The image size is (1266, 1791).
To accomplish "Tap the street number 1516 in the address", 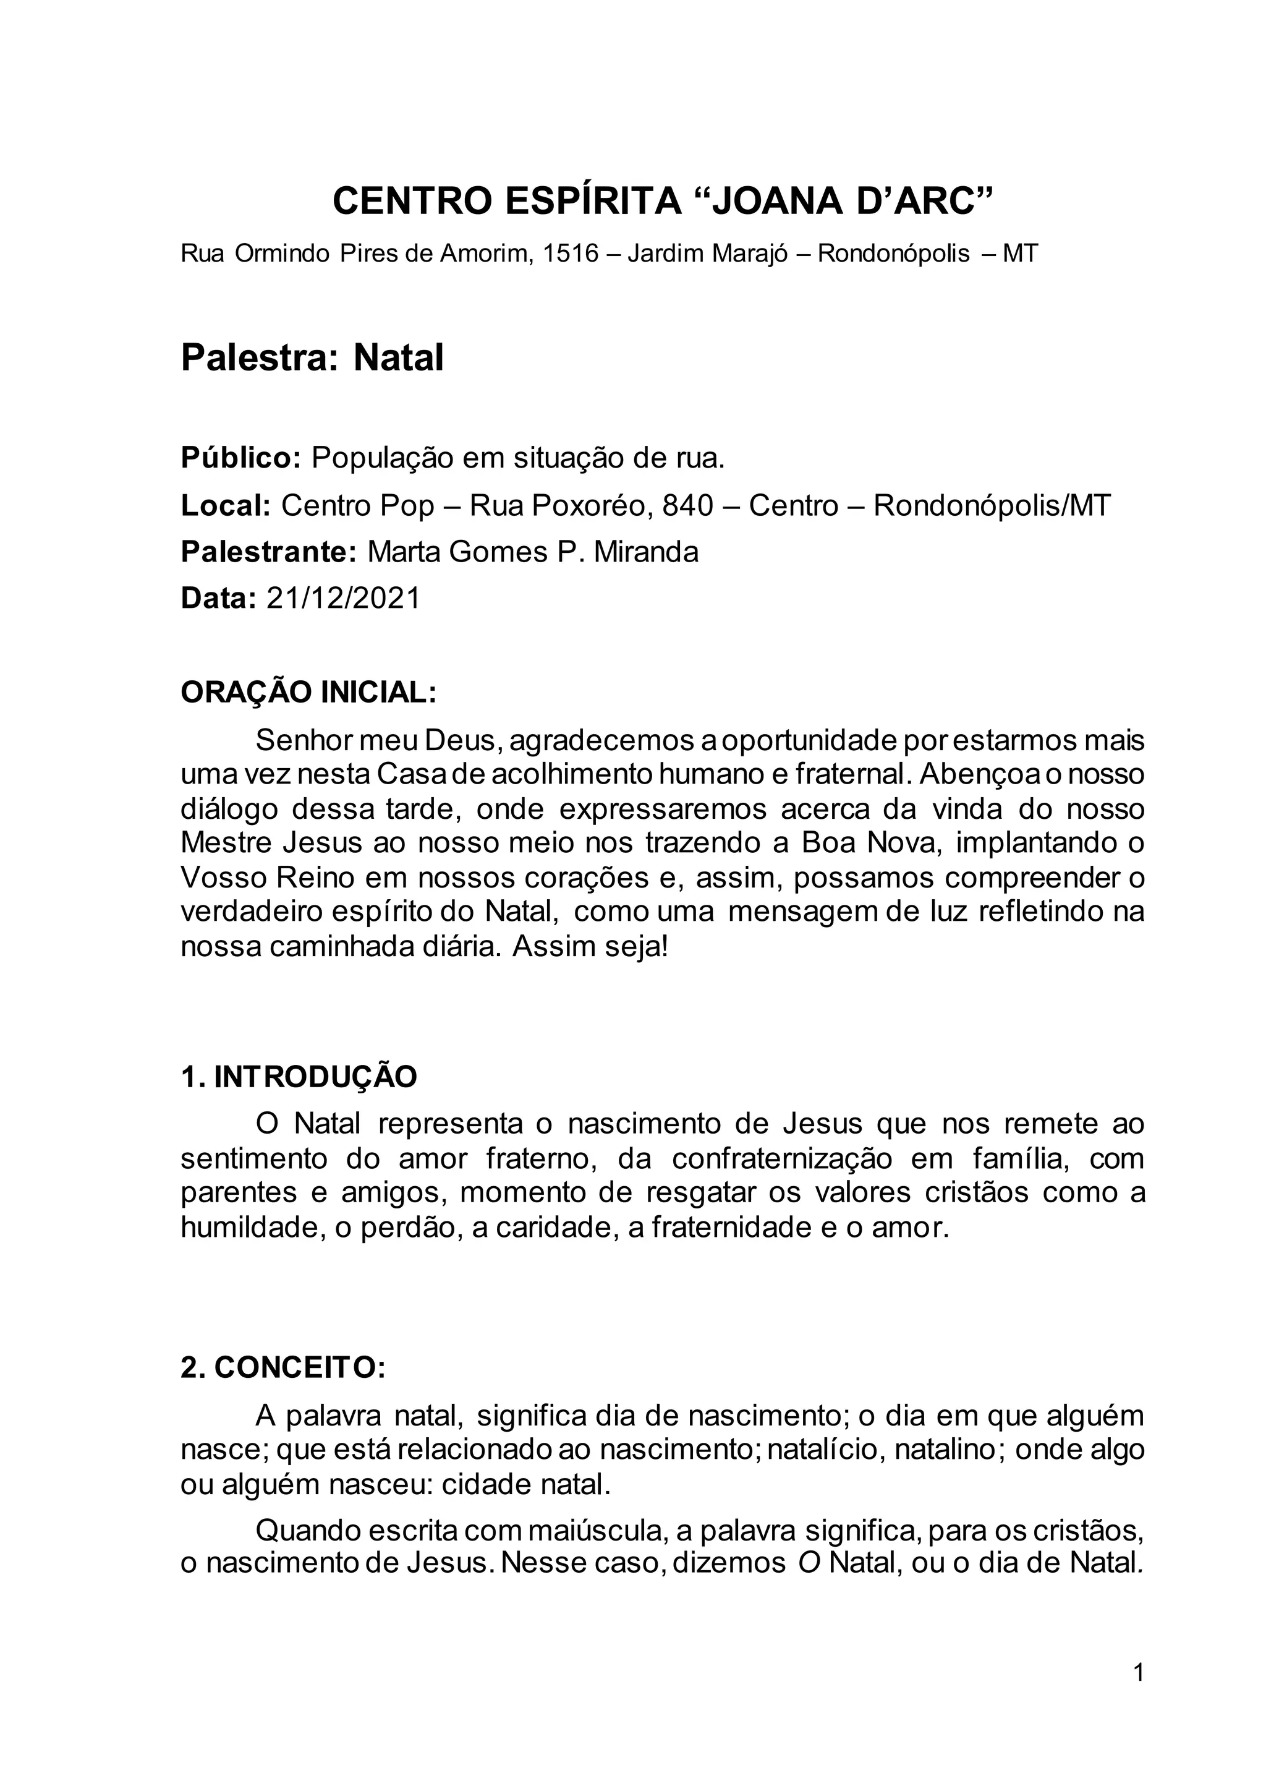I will (571, 254).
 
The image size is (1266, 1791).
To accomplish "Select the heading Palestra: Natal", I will (312, 358).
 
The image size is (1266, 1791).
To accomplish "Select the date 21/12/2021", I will (343, 598).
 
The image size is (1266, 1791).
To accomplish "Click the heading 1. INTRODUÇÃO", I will (299, 1077).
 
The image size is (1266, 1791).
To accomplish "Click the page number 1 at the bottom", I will (1138, 1695).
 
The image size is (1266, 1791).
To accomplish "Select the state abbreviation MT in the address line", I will (1021, 254).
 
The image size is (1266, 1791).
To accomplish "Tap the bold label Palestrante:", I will (268, 552).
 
